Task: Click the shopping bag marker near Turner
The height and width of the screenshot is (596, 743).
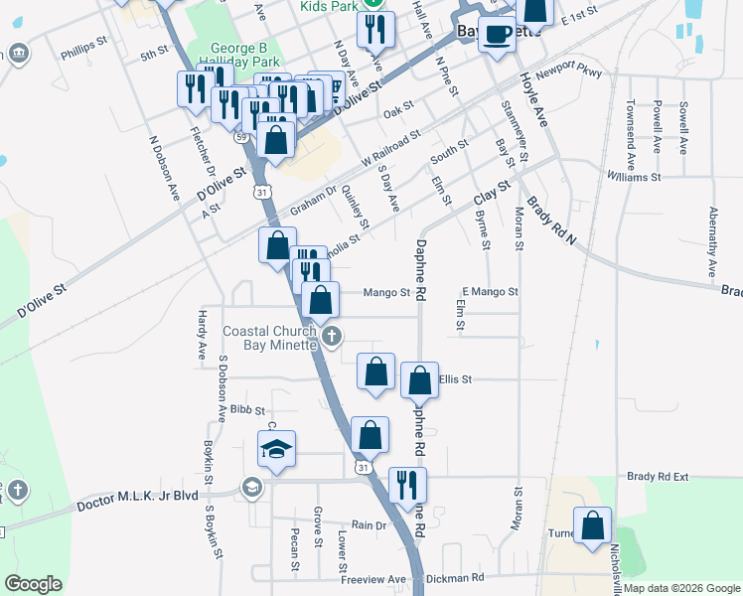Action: click(593, 526)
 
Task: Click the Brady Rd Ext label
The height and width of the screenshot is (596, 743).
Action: click(658, 477)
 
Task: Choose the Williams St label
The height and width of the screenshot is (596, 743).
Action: click(634, 177)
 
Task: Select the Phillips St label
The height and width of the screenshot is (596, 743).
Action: click(82, 46)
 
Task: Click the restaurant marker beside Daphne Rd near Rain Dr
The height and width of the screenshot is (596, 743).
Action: click(407, 484)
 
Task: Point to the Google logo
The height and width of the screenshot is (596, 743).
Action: click(33, 584)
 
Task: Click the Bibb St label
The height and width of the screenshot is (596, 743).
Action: click(247, 409)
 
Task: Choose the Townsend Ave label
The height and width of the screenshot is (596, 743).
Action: click(630, 123)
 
